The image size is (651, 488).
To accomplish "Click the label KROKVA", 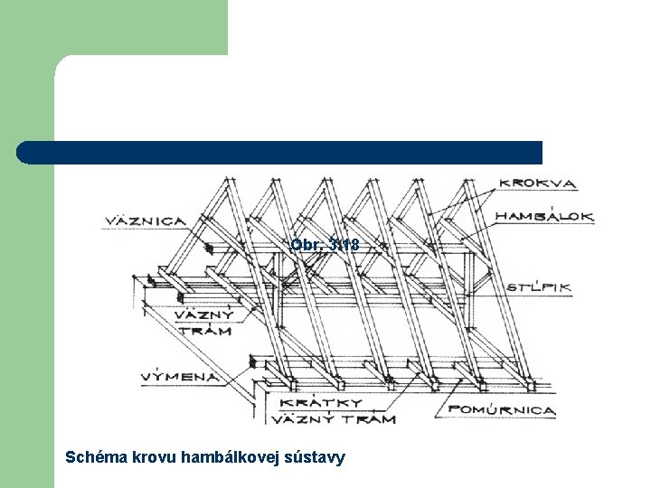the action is coord(539,183).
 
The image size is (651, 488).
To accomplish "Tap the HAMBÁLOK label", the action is coord(544,217).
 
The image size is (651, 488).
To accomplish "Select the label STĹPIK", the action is coord(539,287).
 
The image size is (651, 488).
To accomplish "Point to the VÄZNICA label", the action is coord(146,221).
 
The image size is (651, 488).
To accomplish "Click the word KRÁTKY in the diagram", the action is coord(322,403).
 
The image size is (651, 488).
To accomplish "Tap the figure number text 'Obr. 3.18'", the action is coord(325,245).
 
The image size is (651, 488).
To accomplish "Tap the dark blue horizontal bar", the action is coord(280,152).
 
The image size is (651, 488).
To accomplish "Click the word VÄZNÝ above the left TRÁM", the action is coord(203,315).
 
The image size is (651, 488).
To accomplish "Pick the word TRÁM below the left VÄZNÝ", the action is coord(203,331).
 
